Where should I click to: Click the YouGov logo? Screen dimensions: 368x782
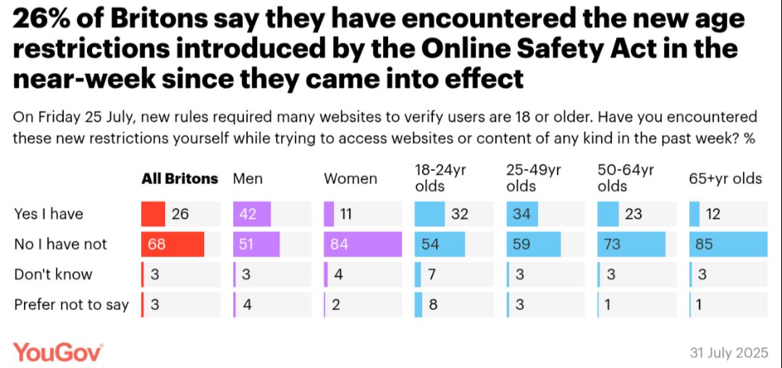click(58, 352)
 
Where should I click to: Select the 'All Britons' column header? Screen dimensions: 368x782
click(179, 179)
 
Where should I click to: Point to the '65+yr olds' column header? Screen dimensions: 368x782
click(726, 179)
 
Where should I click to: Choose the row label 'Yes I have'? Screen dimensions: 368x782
click(49, 214)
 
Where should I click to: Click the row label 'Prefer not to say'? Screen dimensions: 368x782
click(71, 305)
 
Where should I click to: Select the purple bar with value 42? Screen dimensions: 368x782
click(252, 214)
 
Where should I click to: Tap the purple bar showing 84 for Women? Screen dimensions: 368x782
click(362, 244)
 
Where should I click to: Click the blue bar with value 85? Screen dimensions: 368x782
click(728, 244)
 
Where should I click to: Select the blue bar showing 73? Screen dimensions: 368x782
click(631, 244)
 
